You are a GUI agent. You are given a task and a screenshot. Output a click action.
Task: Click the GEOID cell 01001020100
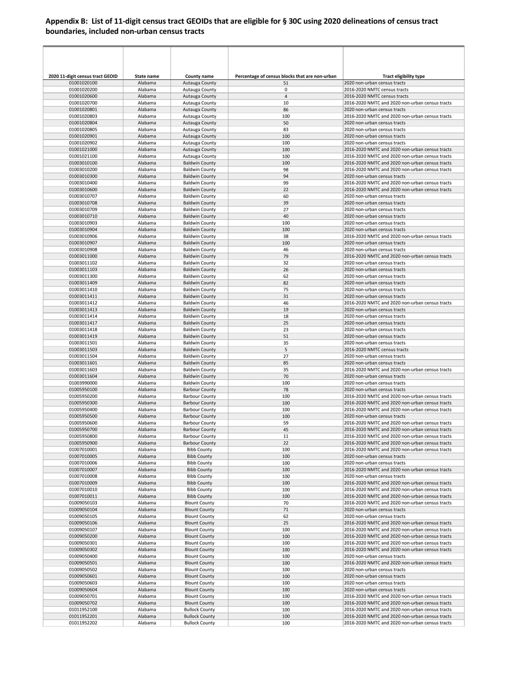point(83,83)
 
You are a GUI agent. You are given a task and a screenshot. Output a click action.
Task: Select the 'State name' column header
point(147,76)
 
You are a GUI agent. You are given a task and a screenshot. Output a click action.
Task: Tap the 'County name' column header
point(199,76)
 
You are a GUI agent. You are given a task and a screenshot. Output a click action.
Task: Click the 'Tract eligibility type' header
point(403,76)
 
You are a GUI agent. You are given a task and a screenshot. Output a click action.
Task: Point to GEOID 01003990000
point(83,383)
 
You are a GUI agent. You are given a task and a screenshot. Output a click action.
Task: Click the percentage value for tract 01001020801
point(286,109)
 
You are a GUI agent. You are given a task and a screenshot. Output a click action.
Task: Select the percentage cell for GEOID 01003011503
point(286,350)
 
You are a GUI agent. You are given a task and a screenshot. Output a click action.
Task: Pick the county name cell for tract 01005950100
point(199,390)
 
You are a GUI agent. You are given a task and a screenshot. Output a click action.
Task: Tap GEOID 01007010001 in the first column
point(83,450)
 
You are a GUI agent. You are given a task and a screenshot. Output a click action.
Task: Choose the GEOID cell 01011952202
point(83,623)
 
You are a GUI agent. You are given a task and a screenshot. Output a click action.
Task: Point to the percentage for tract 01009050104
point(286,510)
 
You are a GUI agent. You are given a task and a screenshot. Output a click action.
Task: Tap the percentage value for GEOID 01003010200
point(286,170)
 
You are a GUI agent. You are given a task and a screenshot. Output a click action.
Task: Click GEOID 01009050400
point(83,556)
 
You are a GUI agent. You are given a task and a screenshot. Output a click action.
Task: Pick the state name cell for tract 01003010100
point(147,163)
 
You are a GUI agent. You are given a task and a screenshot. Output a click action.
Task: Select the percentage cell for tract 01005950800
point(286,436)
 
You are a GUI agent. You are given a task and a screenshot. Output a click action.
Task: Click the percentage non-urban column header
point(286,76)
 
